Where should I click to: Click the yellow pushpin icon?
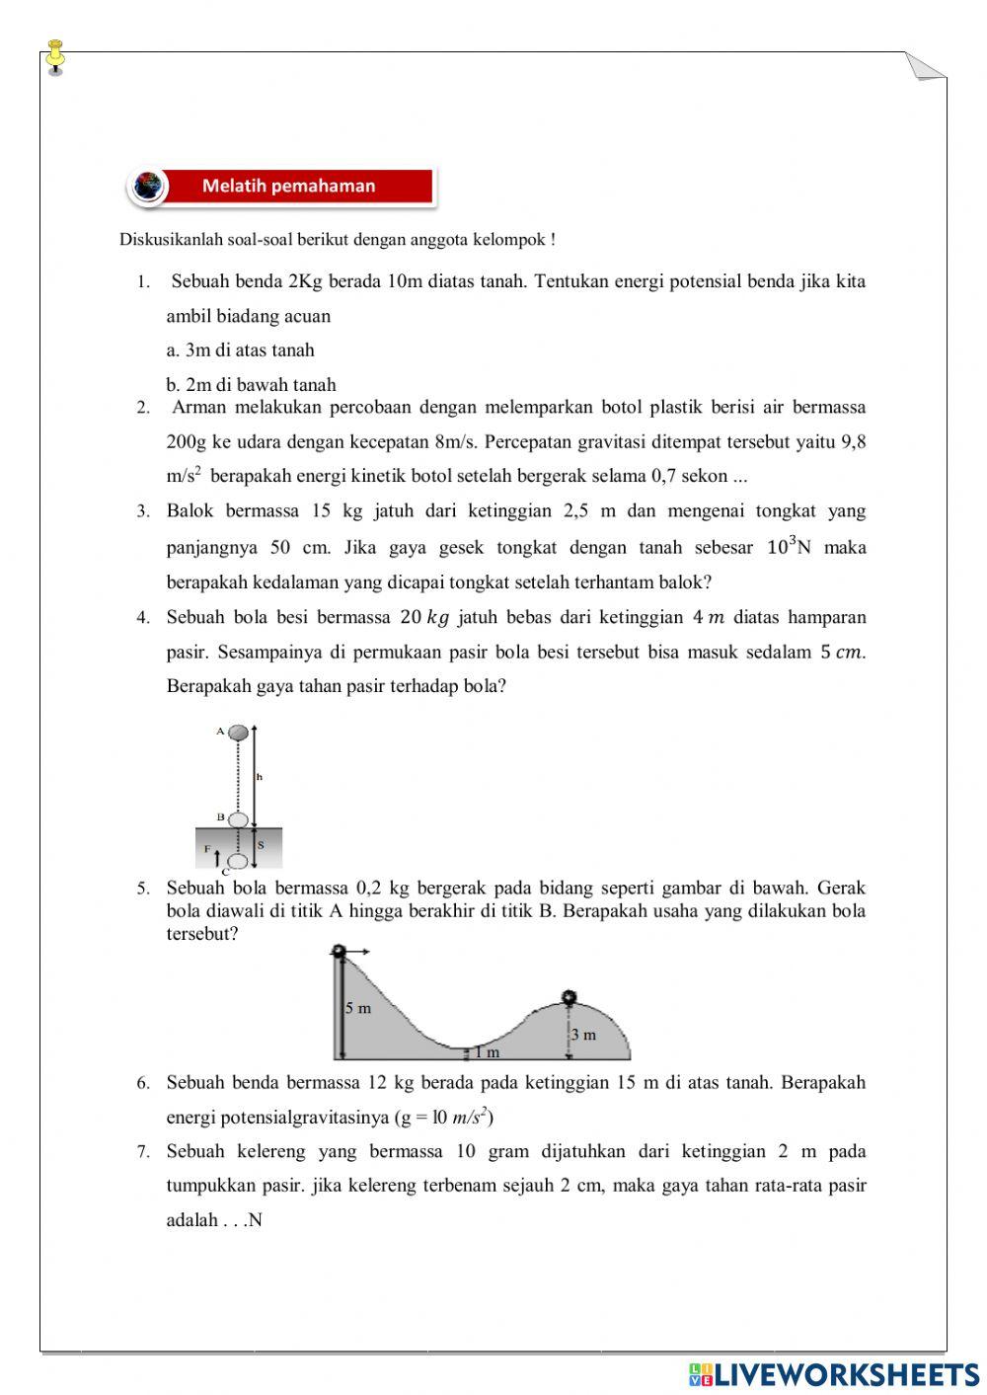pyautogui.click(x=55, y=56)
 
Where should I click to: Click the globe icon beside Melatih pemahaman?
pyautogui.click(x=149, y=186)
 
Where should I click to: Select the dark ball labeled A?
pyautogui.click(x=238, y=733)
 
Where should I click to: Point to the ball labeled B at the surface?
pyautogui.click(x=237, y=819)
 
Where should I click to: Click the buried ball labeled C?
pyautogui.click(x=237, y=861)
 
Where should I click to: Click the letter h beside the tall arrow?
pyautogui.click(x=260, y=777)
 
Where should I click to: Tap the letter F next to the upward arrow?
pyautogui.click(x=207, y=848)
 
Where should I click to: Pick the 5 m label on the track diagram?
pyautogui.click(x=358, y=1008)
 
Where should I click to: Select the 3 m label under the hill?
pyautogui.click(x=583, y=1035)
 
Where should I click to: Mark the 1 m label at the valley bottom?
pyautogui.click(x=487, y=1052)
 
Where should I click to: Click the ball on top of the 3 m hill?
pyautogui.click(x=569, y=996)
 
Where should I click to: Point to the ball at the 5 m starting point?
pyautogui.click(x=340, y=951)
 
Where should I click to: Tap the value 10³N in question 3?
pyautogui.click(x=788, y=546)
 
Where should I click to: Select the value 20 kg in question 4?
pyautogui.click(x=424, y=617)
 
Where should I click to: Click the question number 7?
pyautogui.click(x=143, y=1151)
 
